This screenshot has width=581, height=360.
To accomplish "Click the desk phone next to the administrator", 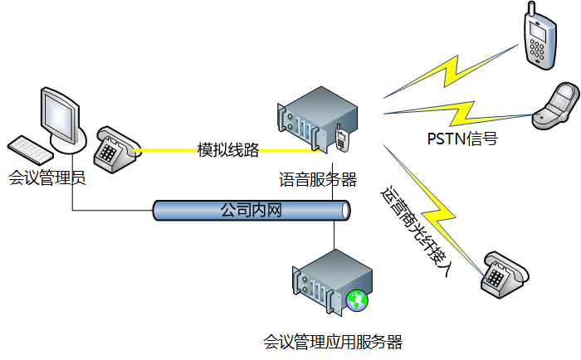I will (113, 149).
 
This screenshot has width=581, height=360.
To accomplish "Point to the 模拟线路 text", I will (228, 150).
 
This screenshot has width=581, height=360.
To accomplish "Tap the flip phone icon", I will (556, 105).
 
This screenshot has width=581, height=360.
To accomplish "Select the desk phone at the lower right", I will (504, 274).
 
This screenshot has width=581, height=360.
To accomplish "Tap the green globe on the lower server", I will (359, 301).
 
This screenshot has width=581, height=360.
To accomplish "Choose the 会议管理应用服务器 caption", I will (332, 341).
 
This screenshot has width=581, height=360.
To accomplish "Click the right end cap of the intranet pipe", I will (344, 210).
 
